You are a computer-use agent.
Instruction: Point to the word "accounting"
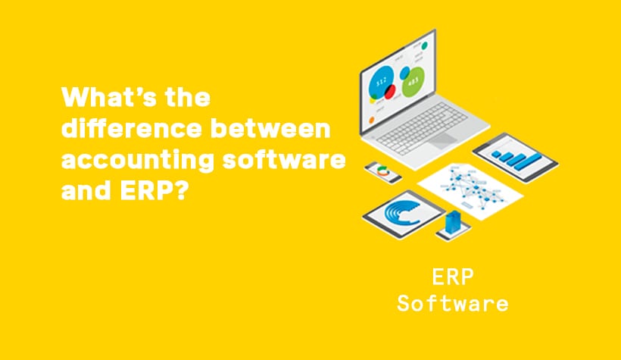(x=138, y=161)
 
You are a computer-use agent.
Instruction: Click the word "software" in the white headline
(x=283, y=159)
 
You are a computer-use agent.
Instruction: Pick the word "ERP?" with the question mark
(x=153, y=190)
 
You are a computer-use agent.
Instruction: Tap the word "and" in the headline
(x=86, y=190)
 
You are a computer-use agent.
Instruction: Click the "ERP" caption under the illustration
(x=453, y=277)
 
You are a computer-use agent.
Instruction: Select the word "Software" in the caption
(x=453, y=303)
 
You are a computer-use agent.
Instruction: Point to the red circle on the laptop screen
(x=390, y=92)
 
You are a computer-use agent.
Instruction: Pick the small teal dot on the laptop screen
(x=425, y=45)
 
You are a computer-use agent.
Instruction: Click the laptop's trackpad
(x=442, y=140)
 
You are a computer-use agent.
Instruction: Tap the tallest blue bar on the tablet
(x=526, y=160)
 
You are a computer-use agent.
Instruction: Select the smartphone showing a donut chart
(x=382, y=172)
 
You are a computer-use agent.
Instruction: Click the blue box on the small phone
(x=453, y=222)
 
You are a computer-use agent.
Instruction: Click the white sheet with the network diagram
(x=470, y=191)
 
